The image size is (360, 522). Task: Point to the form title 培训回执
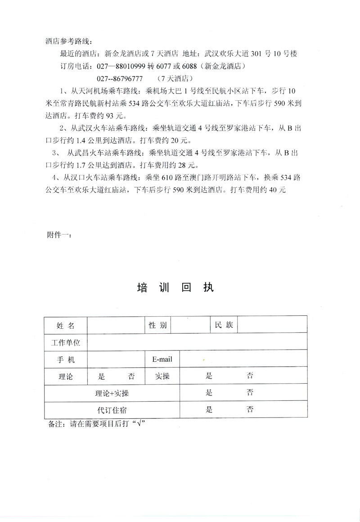point(176,288)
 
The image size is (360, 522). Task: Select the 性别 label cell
point(158,325)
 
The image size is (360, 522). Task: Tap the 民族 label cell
point(224,325)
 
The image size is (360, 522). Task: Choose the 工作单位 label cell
point(66,343)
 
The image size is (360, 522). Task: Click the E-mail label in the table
point(162,359)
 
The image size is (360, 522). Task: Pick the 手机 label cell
point(66,359)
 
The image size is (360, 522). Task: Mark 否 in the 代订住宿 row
point(251,409)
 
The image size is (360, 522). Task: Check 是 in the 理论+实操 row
point(209,392)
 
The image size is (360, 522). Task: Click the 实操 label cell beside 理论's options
point(162,376)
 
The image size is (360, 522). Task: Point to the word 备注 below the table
point(53,424)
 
